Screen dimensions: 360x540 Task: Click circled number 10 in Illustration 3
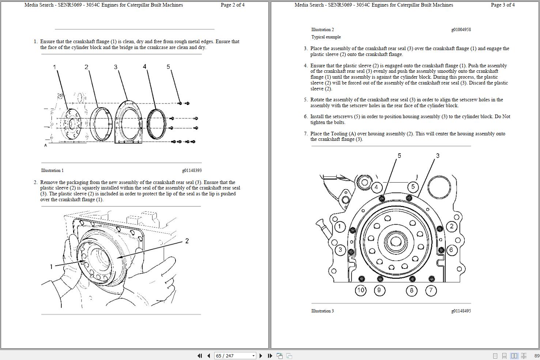click(361, 290)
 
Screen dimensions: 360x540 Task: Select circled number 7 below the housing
click(431, 290)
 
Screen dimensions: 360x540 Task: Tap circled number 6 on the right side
click(451, 250)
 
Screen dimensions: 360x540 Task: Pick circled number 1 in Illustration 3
click(340, 226)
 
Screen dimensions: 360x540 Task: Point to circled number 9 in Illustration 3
click(379, 290)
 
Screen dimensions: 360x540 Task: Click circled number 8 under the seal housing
click(412, 290)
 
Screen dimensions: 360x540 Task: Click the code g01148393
click(192, 170)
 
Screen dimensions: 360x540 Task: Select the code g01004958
click(461, 30)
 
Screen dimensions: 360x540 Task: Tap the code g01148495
click(461, 311)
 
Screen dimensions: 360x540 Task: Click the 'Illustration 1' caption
click(52, 170)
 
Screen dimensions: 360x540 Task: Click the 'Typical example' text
click(326, 37)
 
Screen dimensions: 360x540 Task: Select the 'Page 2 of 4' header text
click(233, 5)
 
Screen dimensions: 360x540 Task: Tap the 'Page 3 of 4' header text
click(503, 5)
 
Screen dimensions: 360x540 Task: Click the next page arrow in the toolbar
click(261, 356)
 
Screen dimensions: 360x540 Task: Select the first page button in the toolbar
click(200, 356)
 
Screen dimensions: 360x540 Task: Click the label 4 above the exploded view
click(144, 67)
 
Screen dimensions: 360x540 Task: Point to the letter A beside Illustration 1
click(46, 145)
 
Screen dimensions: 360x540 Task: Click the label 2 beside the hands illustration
click(187, 241)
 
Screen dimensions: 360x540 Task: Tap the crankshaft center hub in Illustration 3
click(396, 241)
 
